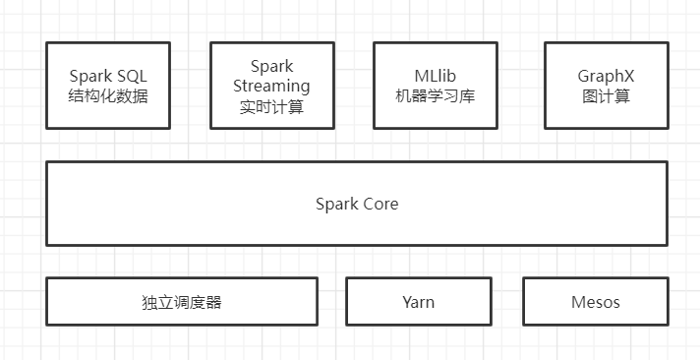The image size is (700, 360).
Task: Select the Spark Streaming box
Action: [271, 86]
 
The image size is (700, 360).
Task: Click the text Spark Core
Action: [357, 205]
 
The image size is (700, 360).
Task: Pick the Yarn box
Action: [418, 301]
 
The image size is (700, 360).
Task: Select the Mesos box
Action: [596, 301]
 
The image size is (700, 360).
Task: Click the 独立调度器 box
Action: [182, 301]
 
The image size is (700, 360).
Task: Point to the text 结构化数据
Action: [108, 96]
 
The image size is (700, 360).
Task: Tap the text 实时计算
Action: [271, 106]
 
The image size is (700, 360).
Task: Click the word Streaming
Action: [272, 87]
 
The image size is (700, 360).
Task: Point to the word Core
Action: [379, 205]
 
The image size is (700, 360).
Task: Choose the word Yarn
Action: [418, 302]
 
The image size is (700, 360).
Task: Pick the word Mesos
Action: [596, 302]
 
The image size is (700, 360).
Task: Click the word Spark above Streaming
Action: [272, 67]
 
